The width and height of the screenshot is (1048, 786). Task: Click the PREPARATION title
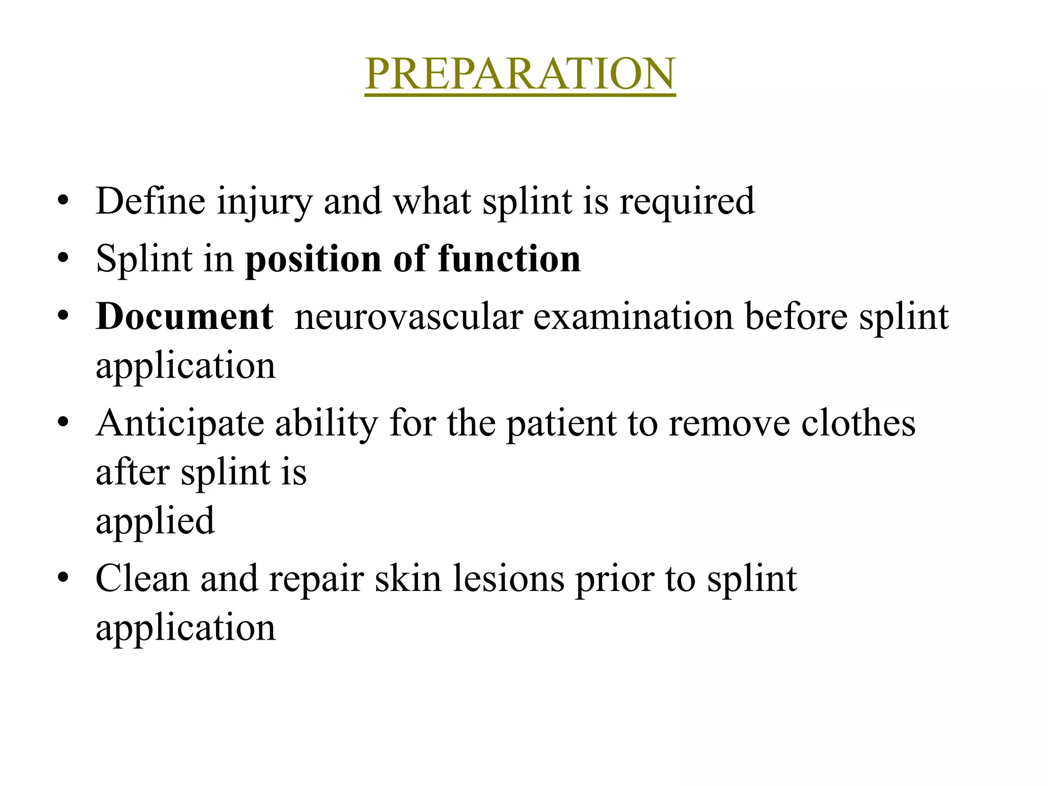[x=520, y=74]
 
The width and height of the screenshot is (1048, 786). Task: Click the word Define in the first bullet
[x=150, y=201]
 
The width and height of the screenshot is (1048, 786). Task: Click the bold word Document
[x=184, y=317]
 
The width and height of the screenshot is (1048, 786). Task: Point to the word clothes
[x=858, y=424]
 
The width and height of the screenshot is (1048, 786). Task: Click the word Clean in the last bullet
[x=142, y=579]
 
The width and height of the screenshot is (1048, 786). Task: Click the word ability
[x=326, y=425]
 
